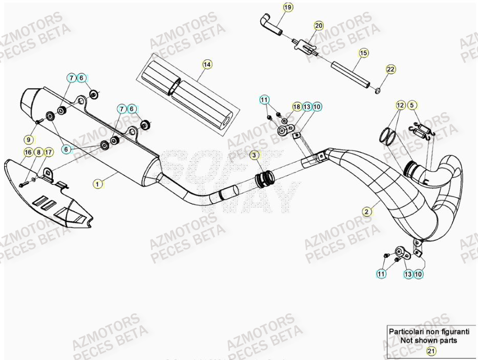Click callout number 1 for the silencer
pyautogui.click(x=97, y=182)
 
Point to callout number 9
pyautogui.click(x=29, y=139)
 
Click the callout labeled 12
pyautogui.click(x=401, y=105)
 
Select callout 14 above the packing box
pyautogui.click(x=206, y=65)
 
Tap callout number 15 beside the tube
pyautogui.click(x=363, y=53)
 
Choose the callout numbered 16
pyautogui.click(x=28, y=152)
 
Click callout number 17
pyautogui.click(x=48, y=152)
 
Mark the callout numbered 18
pyautogui.click(x=297, y=107)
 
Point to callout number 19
pyautogui.click(x=288, y=7)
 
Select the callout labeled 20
pyautogui.click(x=319, y=26)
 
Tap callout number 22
pyautogui.click(x=390, y=70)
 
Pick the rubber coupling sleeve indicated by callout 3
pyautogui.click(x=265, y=179)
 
